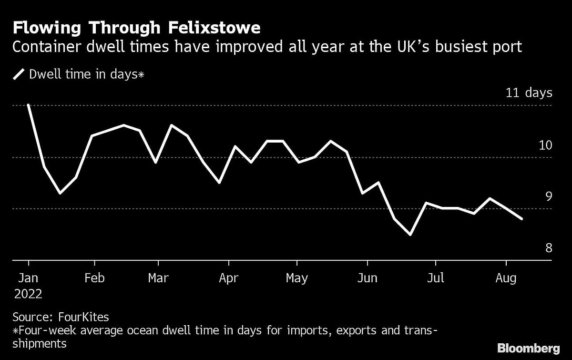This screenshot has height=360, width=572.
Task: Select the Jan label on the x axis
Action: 29,278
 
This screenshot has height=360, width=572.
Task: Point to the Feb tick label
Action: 94,278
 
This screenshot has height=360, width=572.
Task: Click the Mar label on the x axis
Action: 158,278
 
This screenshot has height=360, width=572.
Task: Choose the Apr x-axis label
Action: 229,278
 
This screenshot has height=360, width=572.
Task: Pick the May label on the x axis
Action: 296,278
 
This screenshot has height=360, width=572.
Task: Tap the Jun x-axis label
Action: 368,278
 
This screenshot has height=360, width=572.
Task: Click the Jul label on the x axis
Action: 435,278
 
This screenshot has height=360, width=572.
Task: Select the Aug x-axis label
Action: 506,278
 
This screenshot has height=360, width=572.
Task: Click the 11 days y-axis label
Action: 529,93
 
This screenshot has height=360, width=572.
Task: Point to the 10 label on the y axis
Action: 545,145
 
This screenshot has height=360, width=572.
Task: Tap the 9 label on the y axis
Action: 548,196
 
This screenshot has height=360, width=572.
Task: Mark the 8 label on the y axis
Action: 548,248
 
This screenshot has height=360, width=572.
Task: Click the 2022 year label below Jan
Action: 28,294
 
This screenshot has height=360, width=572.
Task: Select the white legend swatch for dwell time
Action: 20,74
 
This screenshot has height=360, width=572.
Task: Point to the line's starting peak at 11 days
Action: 29,105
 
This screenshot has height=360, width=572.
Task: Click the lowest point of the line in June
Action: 410,235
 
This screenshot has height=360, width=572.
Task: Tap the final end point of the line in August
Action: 522,219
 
